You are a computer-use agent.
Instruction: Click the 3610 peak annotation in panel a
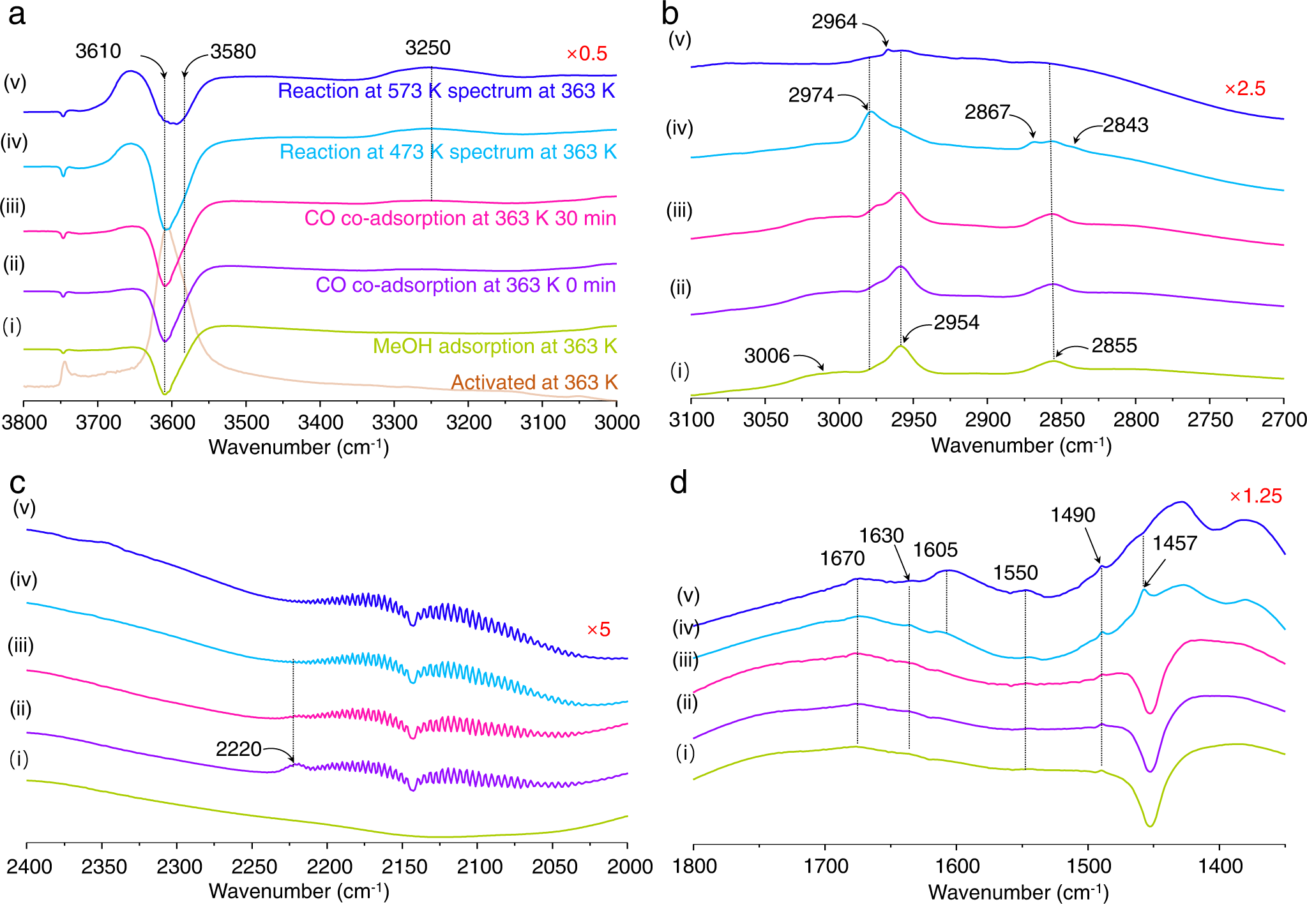[98, 51]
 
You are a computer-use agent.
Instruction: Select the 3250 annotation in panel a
[428, 48]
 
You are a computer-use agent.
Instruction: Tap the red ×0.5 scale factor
[586, 54]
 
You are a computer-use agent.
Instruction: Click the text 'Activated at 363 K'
[534, 382]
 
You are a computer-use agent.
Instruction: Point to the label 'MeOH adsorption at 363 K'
[495, 346]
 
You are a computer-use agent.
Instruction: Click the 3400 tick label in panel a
[320, 423]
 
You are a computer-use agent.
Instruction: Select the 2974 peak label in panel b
[811, 95]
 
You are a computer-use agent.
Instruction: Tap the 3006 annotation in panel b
[767, 356]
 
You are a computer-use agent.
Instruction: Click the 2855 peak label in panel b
[1114, 346]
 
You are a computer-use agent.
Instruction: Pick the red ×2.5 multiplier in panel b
[1244, 89]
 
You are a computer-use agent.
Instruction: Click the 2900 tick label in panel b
[987, 420]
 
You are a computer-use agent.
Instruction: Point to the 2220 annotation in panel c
[238, 749]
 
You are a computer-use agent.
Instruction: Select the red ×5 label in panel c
[598, 629]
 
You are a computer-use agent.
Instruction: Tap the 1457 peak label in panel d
[1174, 543]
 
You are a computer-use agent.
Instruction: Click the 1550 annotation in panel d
[1015, 573]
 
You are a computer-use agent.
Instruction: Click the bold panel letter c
[17, 483]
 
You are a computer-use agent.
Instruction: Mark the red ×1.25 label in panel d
[1255, 496]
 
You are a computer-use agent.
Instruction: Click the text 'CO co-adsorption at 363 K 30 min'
[460, 218]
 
